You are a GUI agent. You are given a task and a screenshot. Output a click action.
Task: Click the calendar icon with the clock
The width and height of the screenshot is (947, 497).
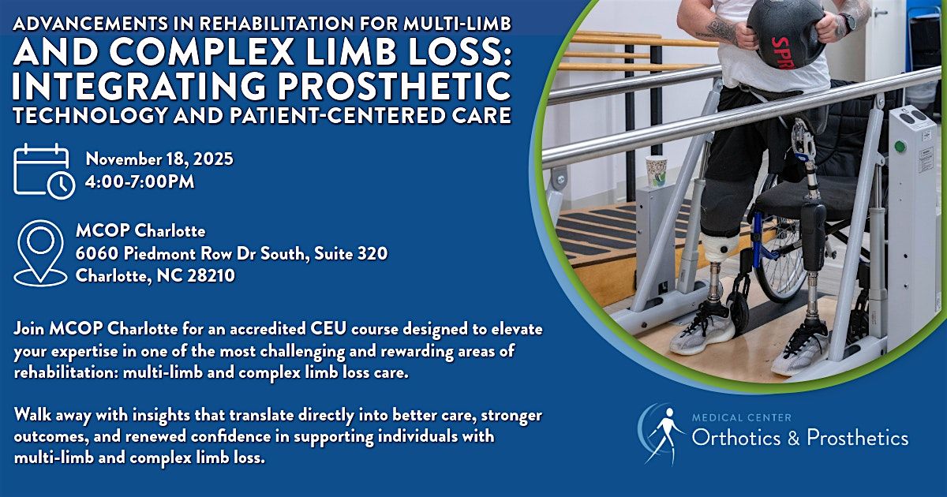pyautogui.click(x=43, y=170)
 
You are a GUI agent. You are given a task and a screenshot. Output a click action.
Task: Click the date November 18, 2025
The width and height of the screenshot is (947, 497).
pyautogui.click(x=159, y=159)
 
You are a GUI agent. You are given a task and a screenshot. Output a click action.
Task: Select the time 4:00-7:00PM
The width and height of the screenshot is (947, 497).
pyautogui.click(x=140, y=181)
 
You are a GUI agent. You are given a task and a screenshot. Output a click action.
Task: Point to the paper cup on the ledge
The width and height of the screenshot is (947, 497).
pyautogui.click(x=656, y=170)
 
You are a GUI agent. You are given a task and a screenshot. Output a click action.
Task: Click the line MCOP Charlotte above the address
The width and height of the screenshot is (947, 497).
pyautogui.click(x=140, y=232)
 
